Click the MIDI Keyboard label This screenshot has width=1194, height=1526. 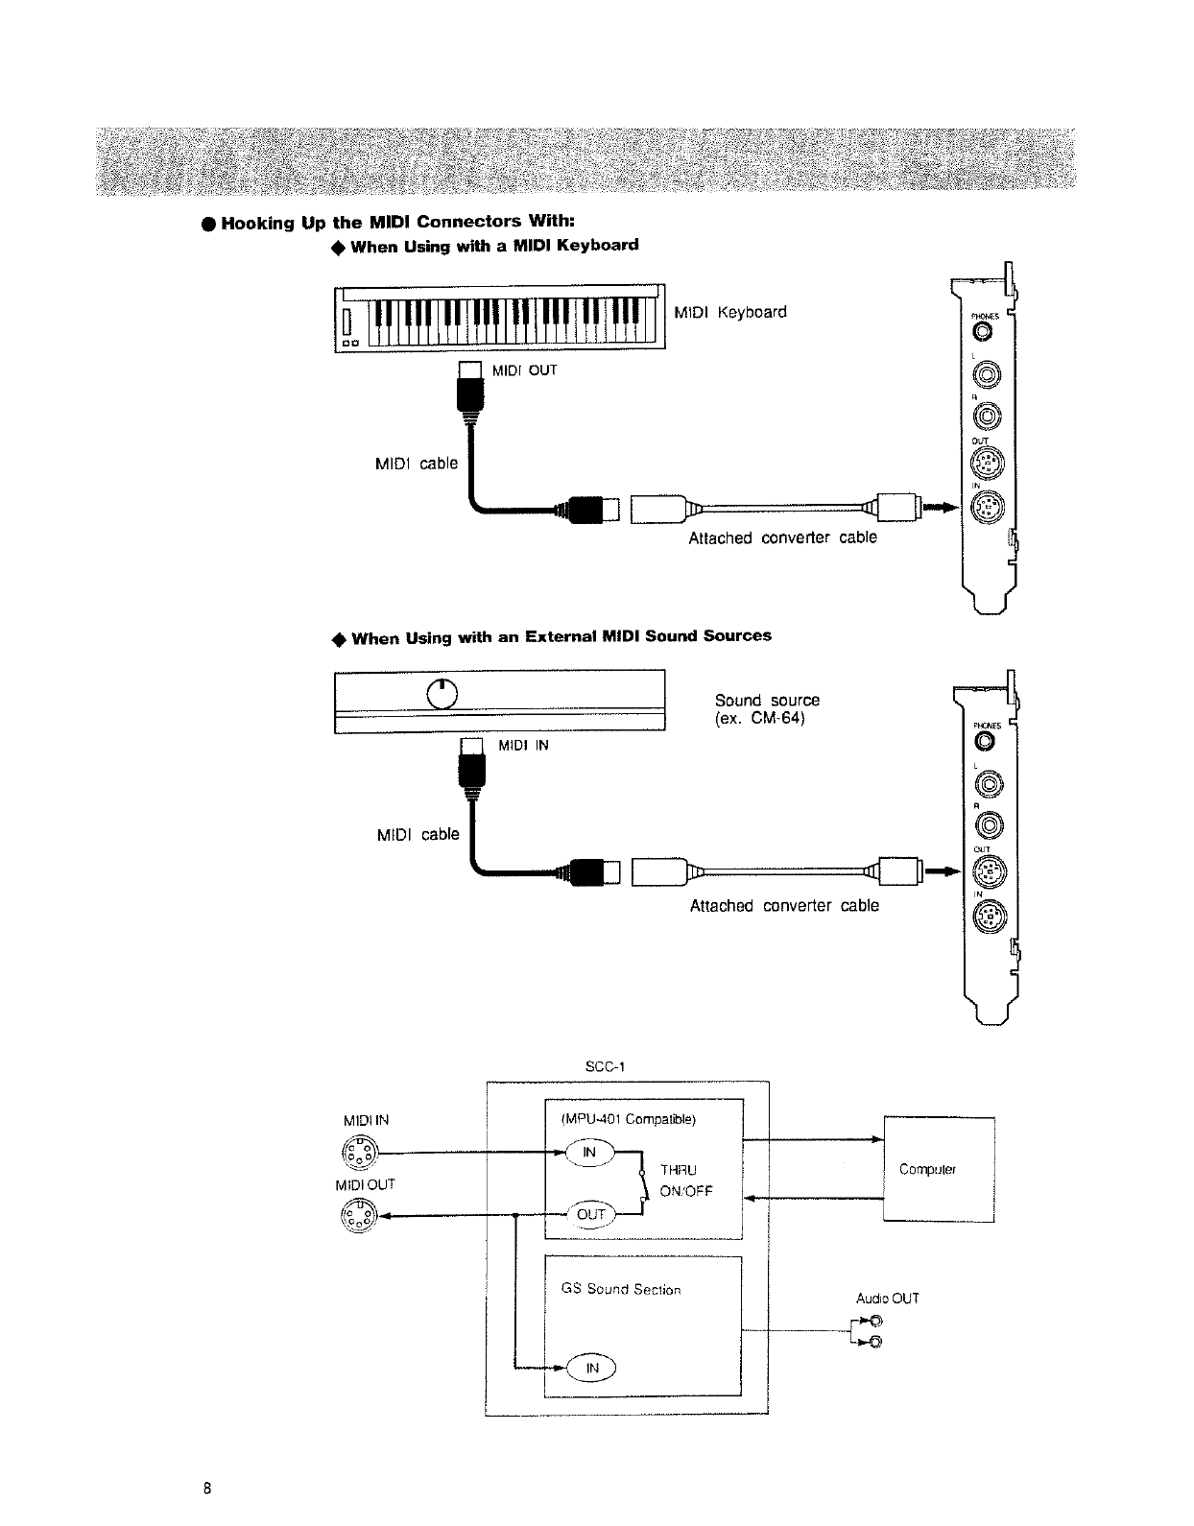[x=730, y=312]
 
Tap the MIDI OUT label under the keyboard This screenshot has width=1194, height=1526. [x=524, y=370]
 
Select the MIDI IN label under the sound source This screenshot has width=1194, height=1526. [x=522, y=745]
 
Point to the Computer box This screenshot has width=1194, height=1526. [x=938, y=1169]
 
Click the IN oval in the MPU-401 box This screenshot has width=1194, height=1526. [x=590, y=1153]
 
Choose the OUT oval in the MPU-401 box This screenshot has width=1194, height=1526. [x=590, y=1214]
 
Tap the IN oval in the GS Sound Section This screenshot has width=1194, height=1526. [x=592, y=1368]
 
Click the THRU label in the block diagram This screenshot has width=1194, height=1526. [x=679, y=1170]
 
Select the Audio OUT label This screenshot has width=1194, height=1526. [x=887, y=1299]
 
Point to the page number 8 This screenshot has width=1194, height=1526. [x=206, y=1489]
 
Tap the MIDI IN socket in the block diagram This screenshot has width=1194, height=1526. [x=360, y=1152]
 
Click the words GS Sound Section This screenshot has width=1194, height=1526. [x=621, y=1289]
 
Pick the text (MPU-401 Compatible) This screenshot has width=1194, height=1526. [x=628, y=1119]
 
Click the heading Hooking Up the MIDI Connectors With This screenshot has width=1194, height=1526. [x=396, y=224]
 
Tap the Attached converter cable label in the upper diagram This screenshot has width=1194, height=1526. [x=782, y=537]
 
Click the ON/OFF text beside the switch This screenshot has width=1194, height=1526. [x=686, y=1192]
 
